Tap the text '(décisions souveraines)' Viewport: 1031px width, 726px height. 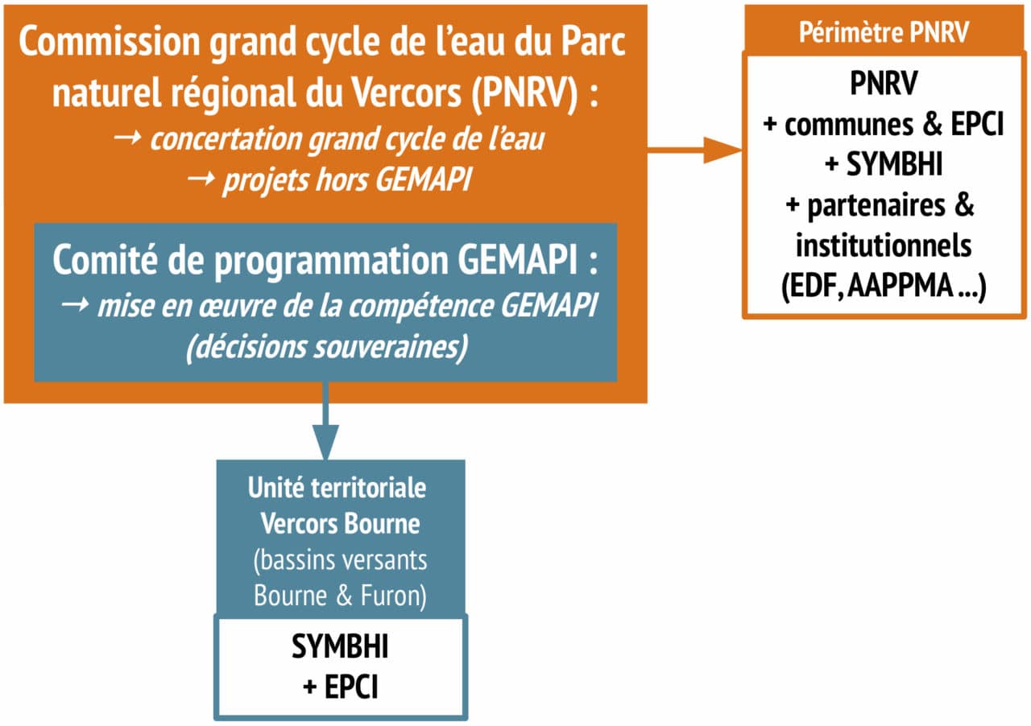click(x=325, y=349)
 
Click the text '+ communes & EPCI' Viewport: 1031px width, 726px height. click(x=883, y=126)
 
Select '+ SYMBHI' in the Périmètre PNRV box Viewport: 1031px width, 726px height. click(x=883, y=166)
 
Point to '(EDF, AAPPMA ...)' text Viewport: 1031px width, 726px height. click(x=883, y=287)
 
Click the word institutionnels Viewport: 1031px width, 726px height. click(x=883, y=246)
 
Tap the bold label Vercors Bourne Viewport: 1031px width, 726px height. click(x=340, y=524)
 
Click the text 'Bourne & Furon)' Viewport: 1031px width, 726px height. click(x=340, y=596)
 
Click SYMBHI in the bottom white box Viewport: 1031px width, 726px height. click(x=340, y=649)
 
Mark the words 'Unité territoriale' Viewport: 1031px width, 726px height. click(x=337, y=489)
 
